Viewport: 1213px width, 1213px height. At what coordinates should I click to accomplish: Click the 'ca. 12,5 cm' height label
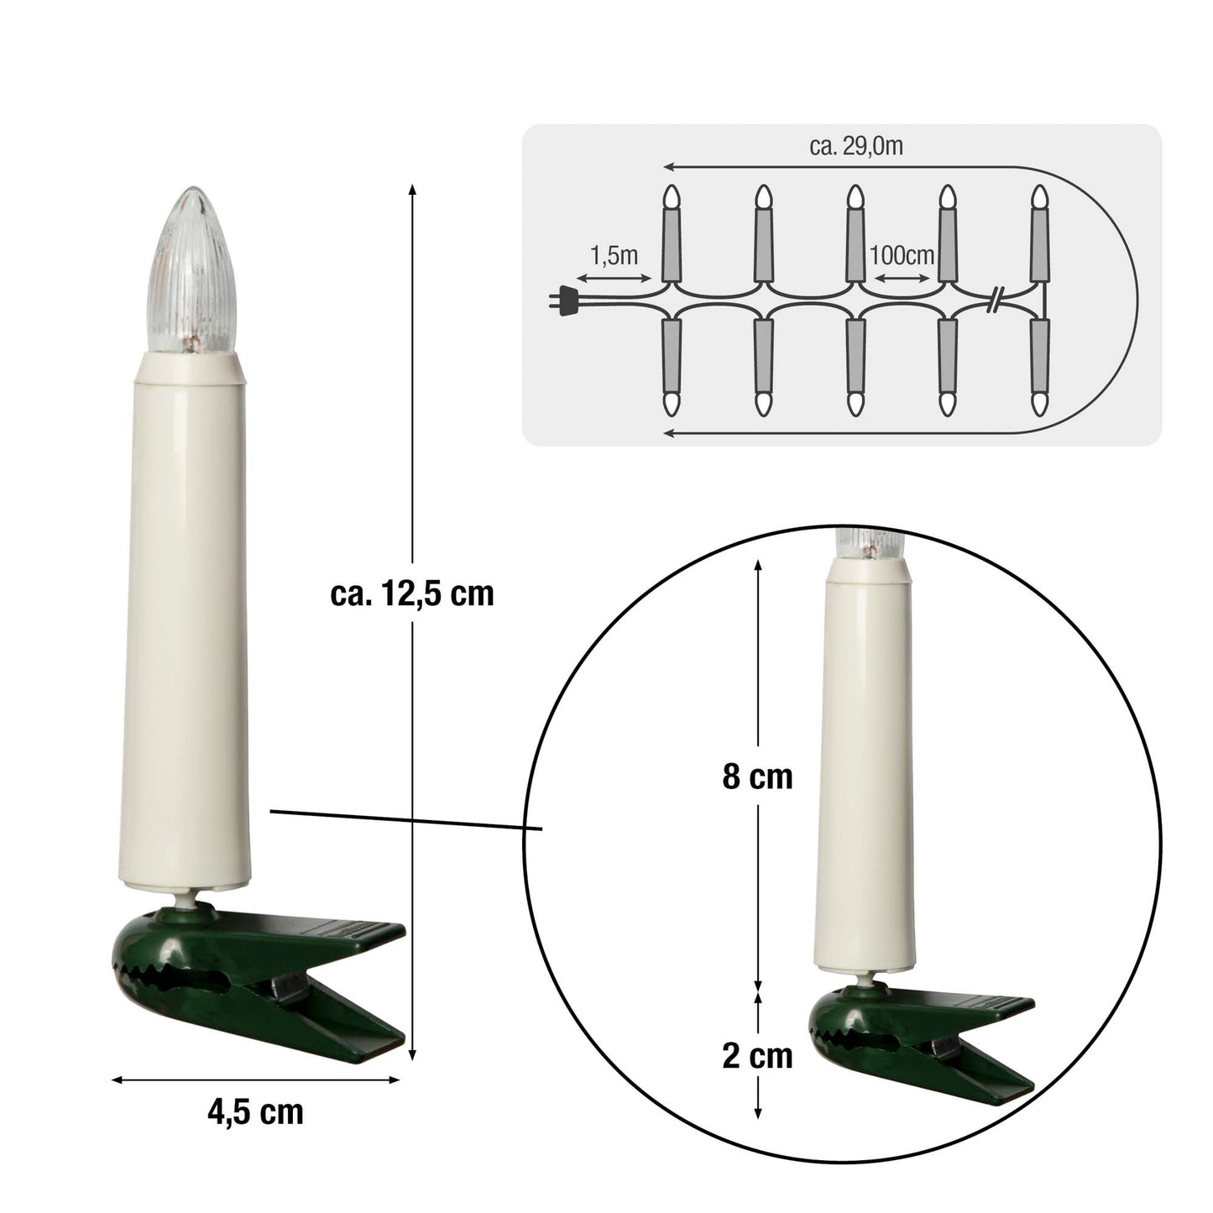pos(412,593)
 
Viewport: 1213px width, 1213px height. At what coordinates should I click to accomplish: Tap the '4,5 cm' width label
pos(255,1112)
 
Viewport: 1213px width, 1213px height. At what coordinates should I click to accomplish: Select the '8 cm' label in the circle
pos(757,777)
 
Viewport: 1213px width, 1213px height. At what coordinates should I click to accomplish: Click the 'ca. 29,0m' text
pos(856,146)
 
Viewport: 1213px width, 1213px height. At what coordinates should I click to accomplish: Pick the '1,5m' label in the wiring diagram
pos(614,256)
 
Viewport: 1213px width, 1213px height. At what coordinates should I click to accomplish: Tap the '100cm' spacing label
pos(902,256)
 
